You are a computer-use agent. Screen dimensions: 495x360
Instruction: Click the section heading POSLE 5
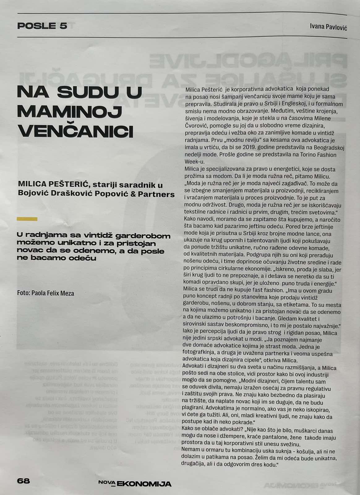(42, 26)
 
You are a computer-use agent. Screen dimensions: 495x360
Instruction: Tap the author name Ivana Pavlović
(328, 27)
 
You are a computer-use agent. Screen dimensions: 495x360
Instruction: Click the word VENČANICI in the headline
(76, 131)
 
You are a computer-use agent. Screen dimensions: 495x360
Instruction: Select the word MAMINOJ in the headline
(69, 112)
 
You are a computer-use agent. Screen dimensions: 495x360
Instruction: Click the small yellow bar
(27, 219)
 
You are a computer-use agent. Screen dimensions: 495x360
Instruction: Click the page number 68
(24, 481)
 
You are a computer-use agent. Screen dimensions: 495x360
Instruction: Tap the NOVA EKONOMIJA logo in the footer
(135, 483)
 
